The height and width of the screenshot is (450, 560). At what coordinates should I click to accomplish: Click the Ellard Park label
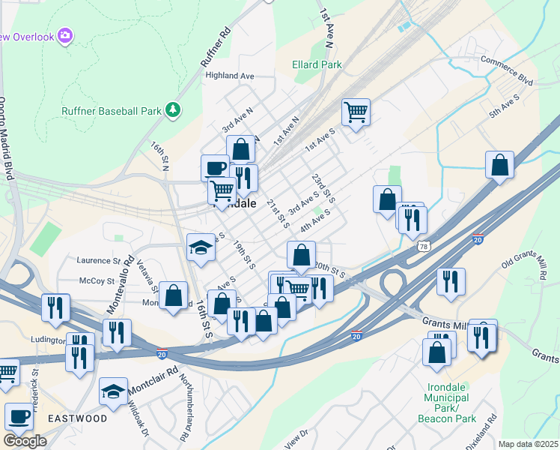(317, 65)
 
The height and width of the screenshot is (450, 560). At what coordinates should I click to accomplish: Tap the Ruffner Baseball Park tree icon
(174, 111)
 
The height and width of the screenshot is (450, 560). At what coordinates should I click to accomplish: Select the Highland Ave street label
(230, 76)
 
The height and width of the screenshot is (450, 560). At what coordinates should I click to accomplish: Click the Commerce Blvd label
(506, 69)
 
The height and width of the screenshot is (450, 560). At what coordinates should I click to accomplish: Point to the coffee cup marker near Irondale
(215, 167)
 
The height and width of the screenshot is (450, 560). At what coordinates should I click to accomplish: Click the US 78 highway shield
(424, 246)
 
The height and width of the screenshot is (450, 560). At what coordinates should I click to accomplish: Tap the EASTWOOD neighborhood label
(78, 418)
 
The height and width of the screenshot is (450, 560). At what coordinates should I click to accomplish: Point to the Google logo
(25, 441)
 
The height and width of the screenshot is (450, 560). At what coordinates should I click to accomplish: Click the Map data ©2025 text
(527, 444)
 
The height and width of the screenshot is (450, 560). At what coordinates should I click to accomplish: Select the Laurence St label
(98, 260)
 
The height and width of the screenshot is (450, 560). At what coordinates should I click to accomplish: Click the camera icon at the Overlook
(65, 35)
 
